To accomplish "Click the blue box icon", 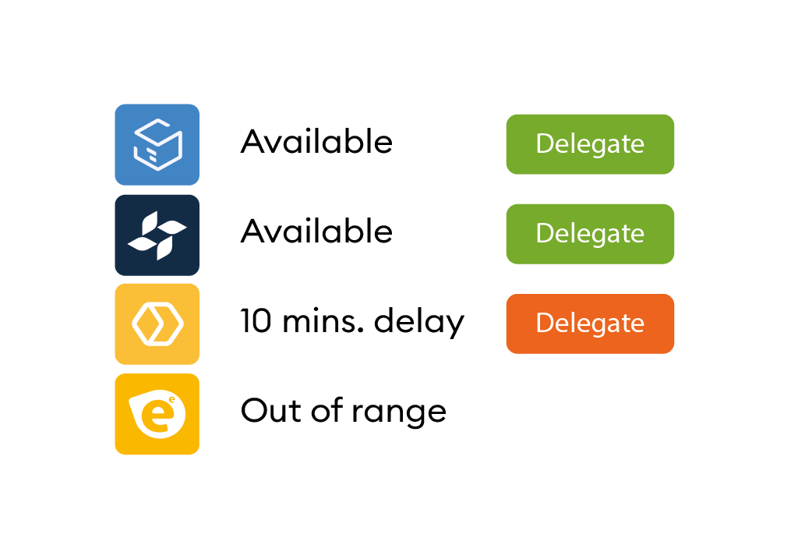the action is coord(157,144).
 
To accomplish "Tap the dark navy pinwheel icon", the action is coord(157,235).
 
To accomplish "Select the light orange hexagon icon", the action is coord(157,324).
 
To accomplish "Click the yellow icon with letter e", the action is coord(157,414).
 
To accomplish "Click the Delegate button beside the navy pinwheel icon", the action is coord(590,234).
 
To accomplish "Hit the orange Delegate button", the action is coord(590,324).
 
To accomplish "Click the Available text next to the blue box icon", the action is coord(316,142).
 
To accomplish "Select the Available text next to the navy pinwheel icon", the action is coord(316,231).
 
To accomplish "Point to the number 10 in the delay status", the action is coord(256,321).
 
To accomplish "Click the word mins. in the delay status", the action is coord(323,322).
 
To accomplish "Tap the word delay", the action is coord(418,322).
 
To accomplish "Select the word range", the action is coord(399,412).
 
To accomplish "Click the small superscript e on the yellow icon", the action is coord(172,400).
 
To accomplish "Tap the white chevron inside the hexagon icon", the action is coord(161,324).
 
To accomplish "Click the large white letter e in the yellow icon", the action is coord(156,416).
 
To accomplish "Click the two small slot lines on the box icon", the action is coord(152,155).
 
